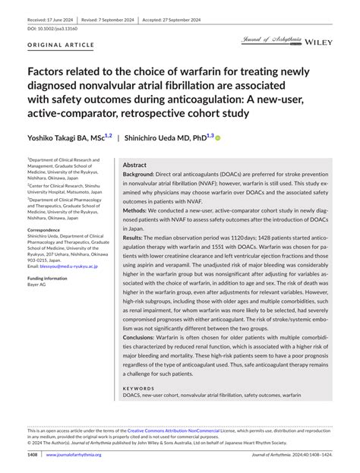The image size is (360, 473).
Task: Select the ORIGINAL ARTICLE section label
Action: [62, 46]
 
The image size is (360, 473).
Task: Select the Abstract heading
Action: [134, 164]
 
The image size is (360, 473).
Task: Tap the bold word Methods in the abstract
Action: [137, 210]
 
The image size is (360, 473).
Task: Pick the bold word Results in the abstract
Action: [135, 238]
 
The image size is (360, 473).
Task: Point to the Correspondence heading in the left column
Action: [49, 229]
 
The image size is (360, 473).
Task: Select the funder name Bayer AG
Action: [37, 284]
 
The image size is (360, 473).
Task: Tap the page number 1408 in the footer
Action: [32, 455]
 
